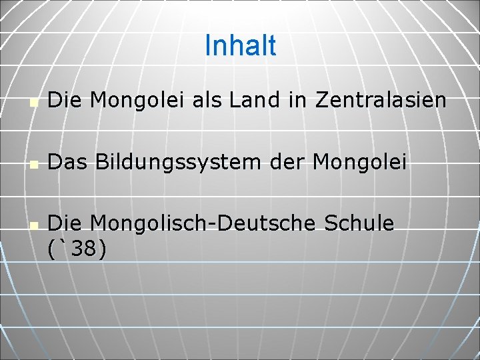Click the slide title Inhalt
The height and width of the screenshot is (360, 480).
240,45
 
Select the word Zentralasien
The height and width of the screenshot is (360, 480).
381,101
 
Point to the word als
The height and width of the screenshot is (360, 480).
207,101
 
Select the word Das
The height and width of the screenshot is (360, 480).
66,162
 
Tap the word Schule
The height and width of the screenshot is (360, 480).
359,223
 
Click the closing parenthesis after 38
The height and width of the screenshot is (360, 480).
101,249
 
